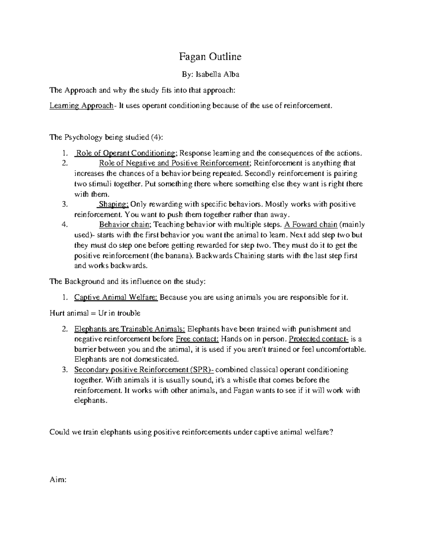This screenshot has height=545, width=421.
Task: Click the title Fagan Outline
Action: (x=210, y=57)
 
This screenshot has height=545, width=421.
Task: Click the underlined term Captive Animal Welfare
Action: (x=116, y=298)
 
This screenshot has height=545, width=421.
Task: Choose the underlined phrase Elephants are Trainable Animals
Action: (x=129, y=329)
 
